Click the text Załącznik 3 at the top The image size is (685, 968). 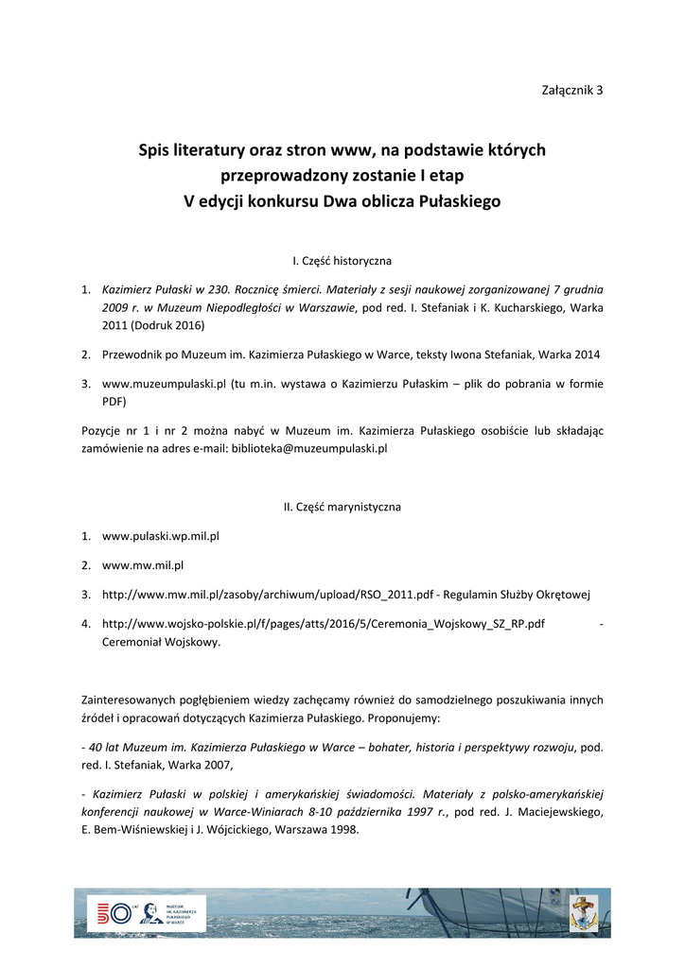(x=571, y=90)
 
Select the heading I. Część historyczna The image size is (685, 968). (x=342, y=260)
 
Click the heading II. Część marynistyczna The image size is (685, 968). (x=342, y=507)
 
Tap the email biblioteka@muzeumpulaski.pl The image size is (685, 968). (x=310, y=448)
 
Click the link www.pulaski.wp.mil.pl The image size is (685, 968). (x=160, y=536)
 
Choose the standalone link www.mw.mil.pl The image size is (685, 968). (x=142, y=565)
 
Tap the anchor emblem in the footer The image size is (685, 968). (x=583, y=913)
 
